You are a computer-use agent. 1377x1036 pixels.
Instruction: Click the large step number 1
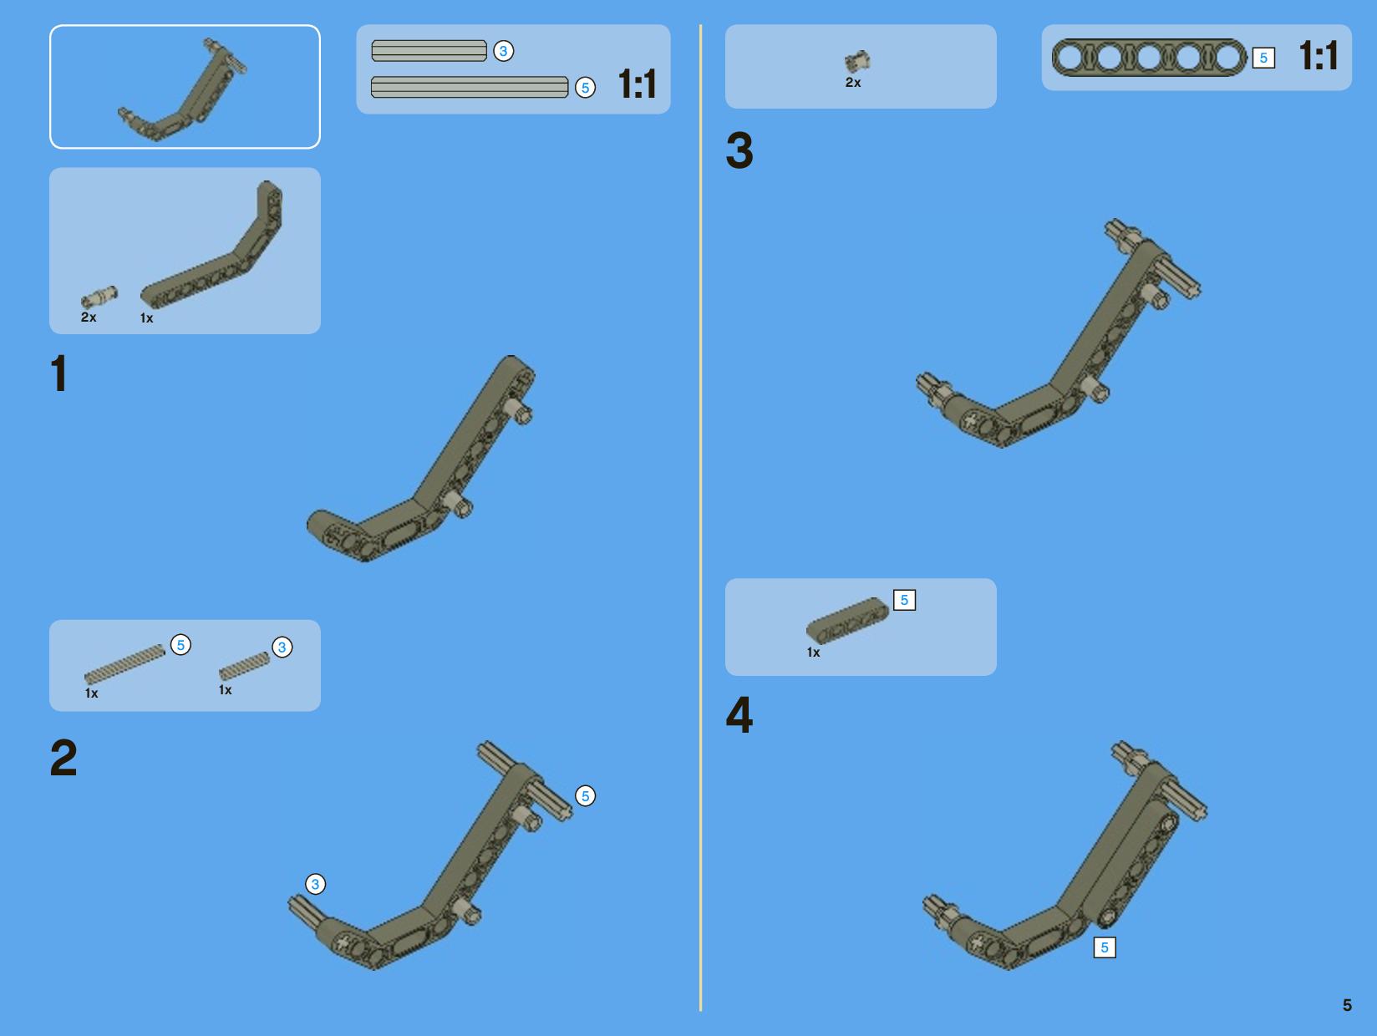tap(59, 373)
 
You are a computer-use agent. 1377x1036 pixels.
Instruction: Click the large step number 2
tap(64, 758)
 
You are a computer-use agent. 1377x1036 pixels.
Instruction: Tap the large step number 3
tap(739, 150)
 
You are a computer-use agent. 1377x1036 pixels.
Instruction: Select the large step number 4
tap(739, 715)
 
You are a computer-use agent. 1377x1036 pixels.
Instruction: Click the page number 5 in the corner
tap(1347, 1005)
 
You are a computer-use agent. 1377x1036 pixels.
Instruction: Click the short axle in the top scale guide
tap(429, 51)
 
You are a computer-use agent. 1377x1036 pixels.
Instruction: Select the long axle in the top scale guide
tap(470, 87)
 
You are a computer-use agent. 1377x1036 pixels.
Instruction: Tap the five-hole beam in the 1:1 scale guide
tap(1149, 58)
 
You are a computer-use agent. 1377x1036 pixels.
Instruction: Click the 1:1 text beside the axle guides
tap(637, 84)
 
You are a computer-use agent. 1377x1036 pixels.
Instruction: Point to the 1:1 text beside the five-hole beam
tap(1318, 56)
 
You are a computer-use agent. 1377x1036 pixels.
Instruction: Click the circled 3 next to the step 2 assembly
tap(316, 884)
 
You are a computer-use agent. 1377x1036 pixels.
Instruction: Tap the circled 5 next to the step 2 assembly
tap(585, 796)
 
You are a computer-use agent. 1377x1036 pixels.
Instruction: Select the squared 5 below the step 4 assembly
tap(1105, 947)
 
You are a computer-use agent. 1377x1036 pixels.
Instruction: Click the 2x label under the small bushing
tap(853, 82)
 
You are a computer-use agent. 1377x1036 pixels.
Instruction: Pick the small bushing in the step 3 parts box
tap(857, 61)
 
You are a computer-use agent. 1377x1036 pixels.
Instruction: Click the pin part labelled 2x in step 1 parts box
tap(99, 296)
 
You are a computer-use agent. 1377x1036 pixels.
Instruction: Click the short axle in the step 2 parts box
tap(245, 666)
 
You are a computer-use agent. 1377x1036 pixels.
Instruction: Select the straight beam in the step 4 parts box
tap(847, 621)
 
